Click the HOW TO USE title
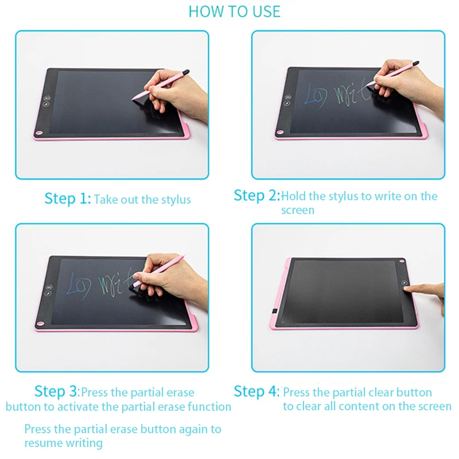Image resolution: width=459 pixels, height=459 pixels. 235,11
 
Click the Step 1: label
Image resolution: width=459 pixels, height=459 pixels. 68,199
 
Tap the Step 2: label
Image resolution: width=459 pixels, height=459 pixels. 256,195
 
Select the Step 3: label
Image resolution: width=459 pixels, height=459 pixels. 57,391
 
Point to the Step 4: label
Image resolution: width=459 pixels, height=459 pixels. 256,391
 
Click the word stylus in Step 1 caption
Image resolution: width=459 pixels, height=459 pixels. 176,200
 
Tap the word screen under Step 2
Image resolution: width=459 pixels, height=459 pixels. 298,210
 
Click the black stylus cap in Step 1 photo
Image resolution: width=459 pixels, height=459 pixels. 185,72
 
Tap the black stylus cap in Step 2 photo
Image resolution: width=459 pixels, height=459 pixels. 415,63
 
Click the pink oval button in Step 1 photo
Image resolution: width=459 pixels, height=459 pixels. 39,133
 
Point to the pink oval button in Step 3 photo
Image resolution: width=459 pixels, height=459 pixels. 40,324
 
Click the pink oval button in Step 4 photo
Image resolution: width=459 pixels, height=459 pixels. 402,261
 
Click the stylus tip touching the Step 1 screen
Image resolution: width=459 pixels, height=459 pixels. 133,99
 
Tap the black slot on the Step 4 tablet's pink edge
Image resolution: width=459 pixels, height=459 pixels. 275,311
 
